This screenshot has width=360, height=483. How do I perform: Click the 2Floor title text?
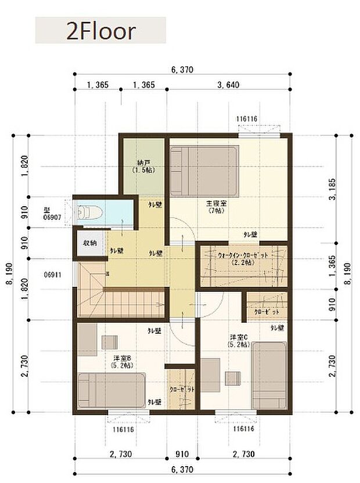pyautogui.click(x=100, y=30)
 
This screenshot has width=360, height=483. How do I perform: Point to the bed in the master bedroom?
pyautogui.click(x=204, y=171)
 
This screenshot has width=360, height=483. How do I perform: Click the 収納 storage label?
pyautogui.click(x=89, y=243)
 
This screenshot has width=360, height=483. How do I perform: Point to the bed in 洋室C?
pyautogui.click(x=269, y=376)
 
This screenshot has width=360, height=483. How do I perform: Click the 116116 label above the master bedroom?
pyautogui.click(x=247, y=120)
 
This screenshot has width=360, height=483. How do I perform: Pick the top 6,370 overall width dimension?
pyautogui.click(x=182, y=70)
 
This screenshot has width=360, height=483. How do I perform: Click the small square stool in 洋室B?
pyautogui.click(x=109, y=341)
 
